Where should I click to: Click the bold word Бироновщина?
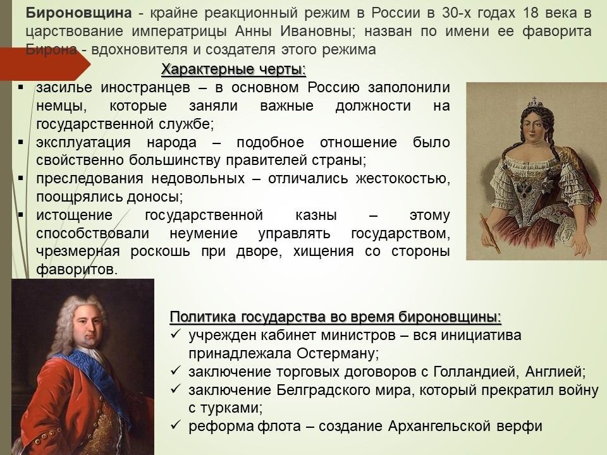point(79,13)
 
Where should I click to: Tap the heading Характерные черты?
point(233,70)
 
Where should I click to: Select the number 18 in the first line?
point(530,13)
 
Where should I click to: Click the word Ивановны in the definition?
point(317,32)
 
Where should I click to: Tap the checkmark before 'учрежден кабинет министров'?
point(176,334)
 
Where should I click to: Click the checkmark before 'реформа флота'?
point(176,425)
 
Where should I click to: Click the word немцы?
point(61,106)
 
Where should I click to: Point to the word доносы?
point(155,197)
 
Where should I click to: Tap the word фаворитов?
point(77,270)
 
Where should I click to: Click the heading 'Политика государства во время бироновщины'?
point(335,317)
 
